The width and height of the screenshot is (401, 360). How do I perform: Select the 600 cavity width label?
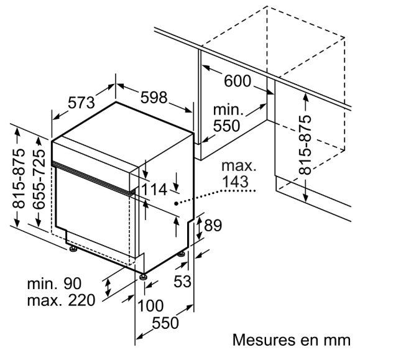point(236,81)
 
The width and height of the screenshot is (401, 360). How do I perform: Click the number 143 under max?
point(234,182)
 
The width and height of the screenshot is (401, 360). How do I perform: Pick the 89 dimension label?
point(213,226)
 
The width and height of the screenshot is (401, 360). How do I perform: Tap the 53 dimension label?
point(182,282)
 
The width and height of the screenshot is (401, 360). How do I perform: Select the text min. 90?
point(55,284)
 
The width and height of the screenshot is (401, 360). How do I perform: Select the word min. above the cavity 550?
point(228,110)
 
